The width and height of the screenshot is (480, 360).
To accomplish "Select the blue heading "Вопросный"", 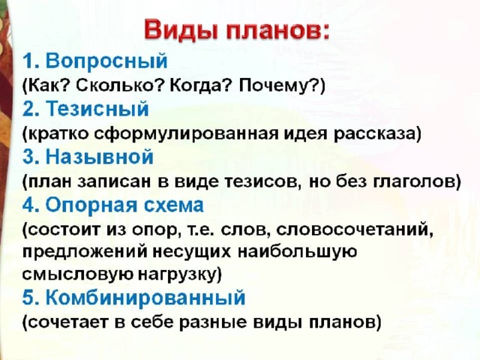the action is [106, 61].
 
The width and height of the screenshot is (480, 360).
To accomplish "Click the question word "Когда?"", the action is [200, 85].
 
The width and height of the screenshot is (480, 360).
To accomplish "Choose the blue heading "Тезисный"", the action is [97, 109].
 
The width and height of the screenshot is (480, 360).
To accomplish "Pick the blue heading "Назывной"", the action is [100, 157].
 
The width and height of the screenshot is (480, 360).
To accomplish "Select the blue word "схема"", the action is [173, 205].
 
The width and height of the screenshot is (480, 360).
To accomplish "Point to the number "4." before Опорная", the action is [31, 205].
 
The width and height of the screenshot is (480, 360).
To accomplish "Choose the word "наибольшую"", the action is [298, 253].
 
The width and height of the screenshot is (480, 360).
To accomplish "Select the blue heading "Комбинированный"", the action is [145, 297].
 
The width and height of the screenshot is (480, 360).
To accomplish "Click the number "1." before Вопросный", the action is [31, 61].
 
